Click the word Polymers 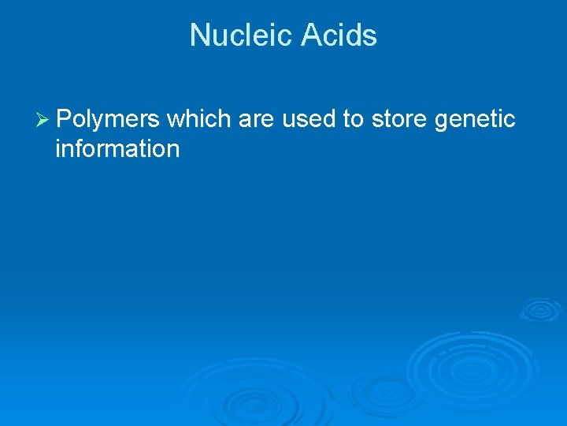109,120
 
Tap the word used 309,119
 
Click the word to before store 353,120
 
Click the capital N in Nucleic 199,35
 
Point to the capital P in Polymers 64,119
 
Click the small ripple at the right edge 541,309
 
